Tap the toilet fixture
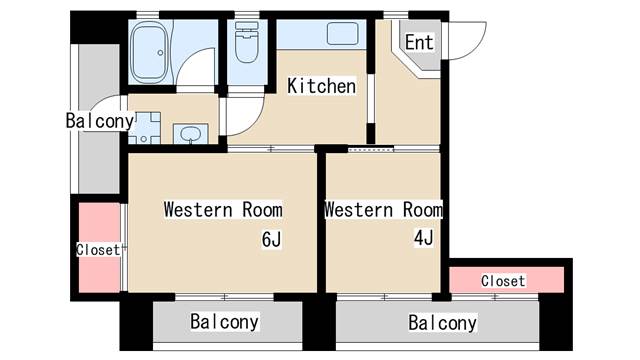245,46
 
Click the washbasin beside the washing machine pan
187,133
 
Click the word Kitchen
321,87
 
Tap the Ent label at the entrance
418,42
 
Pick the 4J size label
424,238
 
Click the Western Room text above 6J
222,210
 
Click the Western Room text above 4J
383,210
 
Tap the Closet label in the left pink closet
98,250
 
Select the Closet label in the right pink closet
503,281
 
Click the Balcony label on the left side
99,121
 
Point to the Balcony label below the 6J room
225,322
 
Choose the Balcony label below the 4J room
442,323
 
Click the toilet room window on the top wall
246,15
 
